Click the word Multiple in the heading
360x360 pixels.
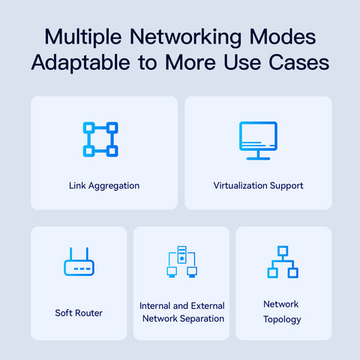[83, 37]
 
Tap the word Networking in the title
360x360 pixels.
[186, 37]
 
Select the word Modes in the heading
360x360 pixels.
[283, 37]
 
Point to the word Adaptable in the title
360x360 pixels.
[81, 62]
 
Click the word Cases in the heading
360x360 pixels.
[299, 62]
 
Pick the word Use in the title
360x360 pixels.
[242, 62]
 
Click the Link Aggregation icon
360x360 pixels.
[100, 139]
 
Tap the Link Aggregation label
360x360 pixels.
[104, 186]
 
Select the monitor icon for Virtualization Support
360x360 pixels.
[258, 140]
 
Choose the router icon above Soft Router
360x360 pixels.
[79, 262]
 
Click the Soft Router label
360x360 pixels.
[79, 313]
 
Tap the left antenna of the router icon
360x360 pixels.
[70, 253]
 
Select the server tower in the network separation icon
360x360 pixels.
[182, 254]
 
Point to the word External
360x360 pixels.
[208, 306]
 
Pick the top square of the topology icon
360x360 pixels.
[283, 251]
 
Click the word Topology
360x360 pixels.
[282, 319]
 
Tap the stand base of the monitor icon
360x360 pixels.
[258, 158]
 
